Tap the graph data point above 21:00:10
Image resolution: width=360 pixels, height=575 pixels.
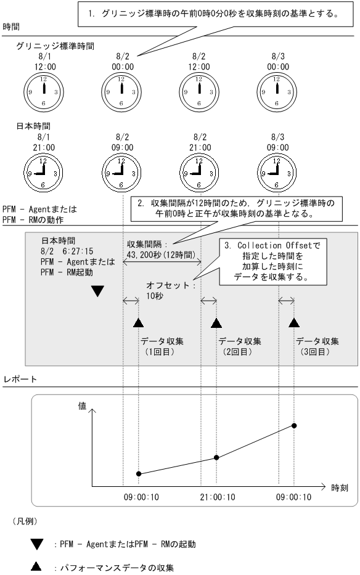216,457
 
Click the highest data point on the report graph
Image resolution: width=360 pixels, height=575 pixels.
294,426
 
